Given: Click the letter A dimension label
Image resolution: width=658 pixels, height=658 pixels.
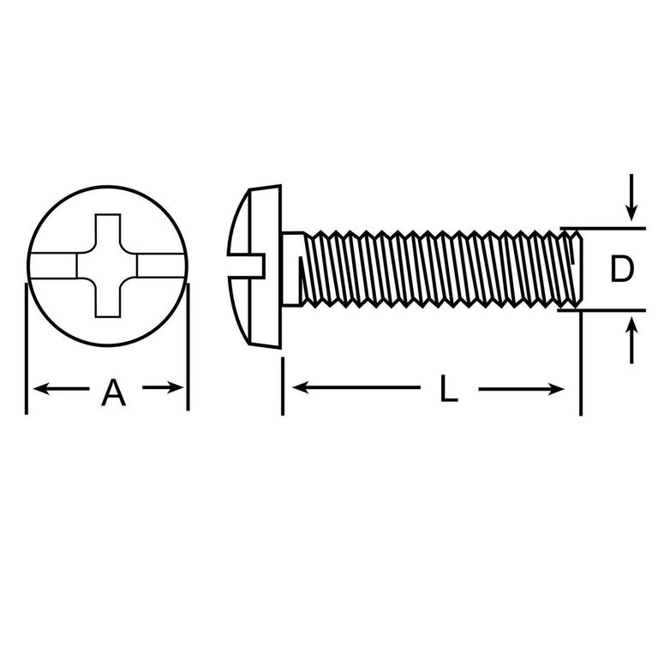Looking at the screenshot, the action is point(114,392).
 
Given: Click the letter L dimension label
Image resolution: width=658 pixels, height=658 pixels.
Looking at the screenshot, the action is point(448,389).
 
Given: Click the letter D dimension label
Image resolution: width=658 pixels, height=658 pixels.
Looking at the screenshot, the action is point(622,269).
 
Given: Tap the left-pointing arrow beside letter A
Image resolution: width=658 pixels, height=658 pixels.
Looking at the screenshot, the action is point(61,389).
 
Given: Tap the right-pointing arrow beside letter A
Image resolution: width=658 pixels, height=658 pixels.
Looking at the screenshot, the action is point(163,387).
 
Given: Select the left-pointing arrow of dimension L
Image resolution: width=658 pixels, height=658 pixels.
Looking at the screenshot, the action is point(356,387).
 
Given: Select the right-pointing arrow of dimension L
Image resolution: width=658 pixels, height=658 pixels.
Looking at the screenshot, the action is point(521,389).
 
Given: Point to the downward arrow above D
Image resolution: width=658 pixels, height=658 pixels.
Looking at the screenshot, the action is point(631,197).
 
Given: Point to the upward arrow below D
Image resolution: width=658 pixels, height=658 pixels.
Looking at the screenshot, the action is point(631,340).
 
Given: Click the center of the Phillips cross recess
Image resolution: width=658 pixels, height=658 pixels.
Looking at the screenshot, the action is point(107,266).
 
